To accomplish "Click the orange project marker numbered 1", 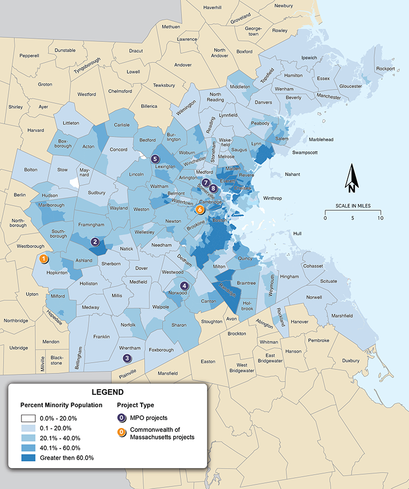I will (x=44, y=259).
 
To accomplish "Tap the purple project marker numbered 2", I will (x=95, y=241).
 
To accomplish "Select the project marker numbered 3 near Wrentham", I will (x=127, y=359).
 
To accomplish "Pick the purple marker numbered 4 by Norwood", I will (x=184, y=286).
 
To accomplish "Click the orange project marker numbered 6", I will (x=200, y=209).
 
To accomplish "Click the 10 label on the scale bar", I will (x=380, y=218).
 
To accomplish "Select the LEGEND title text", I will (x=107, y=392).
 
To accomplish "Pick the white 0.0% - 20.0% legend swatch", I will (x=30, y=418).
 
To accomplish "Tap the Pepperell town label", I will (x=29, y=55).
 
